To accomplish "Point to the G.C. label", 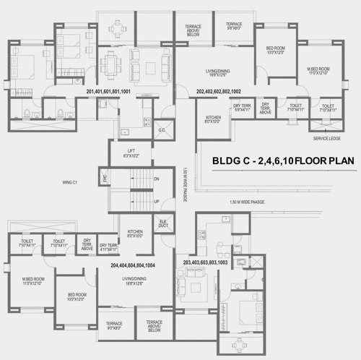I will coord(161,131).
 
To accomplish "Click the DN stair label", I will coord(157,179).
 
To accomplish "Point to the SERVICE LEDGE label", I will coord(326,137).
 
